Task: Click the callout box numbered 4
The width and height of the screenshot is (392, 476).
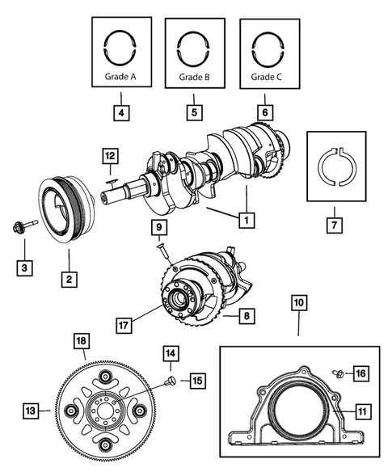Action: point(120,113)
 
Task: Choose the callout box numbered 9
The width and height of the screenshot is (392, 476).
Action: point(160,227)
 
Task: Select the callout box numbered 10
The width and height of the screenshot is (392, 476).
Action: point(298,305)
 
